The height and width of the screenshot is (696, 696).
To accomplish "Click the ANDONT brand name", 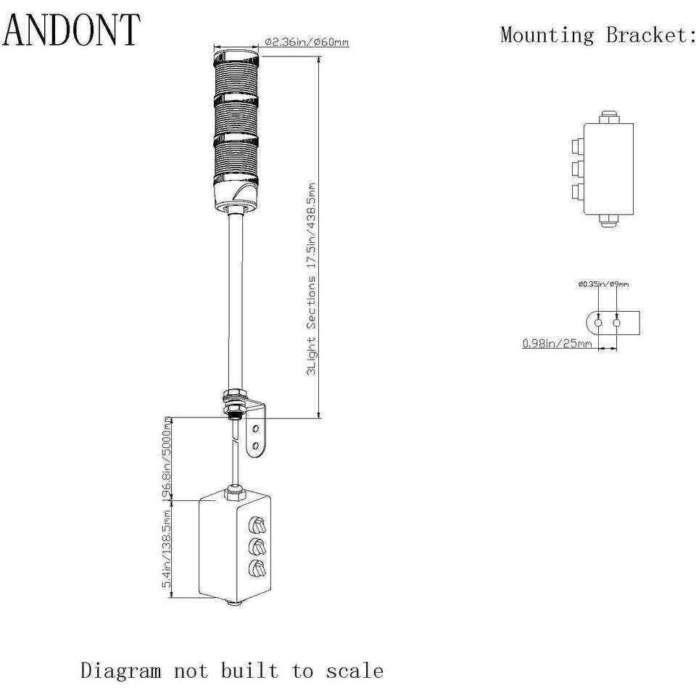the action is pyautogui.click(x=72, y=30).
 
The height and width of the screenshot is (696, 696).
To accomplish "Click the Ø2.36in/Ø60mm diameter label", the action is pyautogui.click(x=307, y=42).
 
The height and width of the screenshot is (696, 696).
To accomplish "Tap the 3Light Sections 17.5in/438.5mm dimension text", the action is pyautogui.click(x=312, y=278).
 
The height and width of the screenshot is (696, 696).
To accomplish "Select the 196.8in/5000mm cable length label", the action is pyautogui.click(x=167, y=460).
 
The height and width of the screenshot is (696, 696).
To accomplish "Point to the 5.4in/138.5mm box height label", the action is pyautogui.click(x=167, y=549).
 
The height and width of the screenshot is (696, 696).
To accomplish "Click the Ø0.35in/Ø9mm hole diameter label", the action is pyautogui.click(x=604, y=284).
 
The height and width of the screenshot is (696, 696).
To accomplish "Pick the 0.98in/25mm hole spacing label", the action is pyautogui.click(x=557, y=343).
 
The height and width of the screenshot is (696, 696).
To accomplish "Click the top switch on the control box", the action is pyautogui.click(x=257, y=525).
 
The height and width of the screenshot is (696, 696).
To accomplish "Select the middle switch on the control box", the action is pyautogui.click(x=257, y=547).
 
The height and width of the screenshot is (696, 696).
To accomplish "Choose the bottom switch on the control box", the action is pyautogui.click(x=257, y=568).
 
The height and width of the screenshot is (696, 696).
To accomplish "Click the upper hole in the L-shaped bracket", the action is pyautogui.click(x=256, y=428).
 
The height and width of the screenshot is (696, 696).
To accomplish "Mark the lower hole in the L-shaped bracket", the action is pyautogui.click(x=256, y=445).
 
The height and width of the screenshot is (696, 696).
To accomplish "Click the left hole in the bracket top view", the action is pyautogui.click(x=598, y=323).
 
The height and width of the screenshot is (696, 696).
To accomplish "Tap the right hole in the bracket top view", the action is pyautogui.click(x=616, y=323).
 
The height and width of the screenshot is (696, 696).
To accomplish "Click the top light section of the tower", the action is pyautogui.click(x=236, y=74).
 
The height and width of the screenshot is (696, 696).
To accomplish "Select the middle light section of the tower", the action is pyautogui.click(x=236, y=116).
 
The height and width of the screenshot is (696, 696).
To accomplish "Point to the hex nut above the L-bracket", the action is pyautogui.click(x=235, y=394).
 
